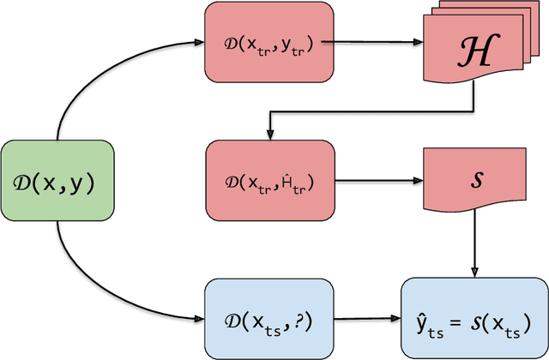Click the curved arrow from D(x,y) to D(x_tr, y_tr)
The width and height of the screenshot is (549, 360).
pyautogui.click(x=94, y=77)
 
